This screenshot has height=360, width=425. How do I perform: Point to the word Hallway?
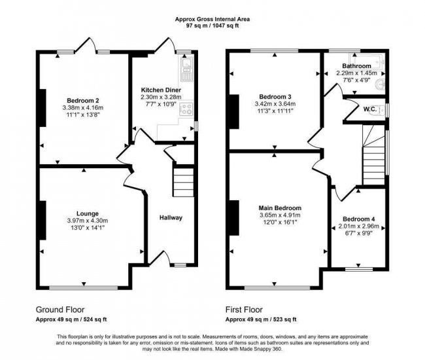(171, 218)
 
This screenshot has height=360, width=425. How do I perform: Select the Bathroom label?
(356, 65)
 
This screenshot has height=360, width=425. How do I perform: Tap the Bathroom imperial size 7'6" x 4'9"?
(356, 81)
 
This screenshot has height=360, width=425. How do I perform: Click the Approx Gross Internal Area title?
(212, 19)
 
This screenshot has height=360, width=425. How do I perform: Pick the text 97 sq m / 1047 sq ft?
(212, 27)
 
